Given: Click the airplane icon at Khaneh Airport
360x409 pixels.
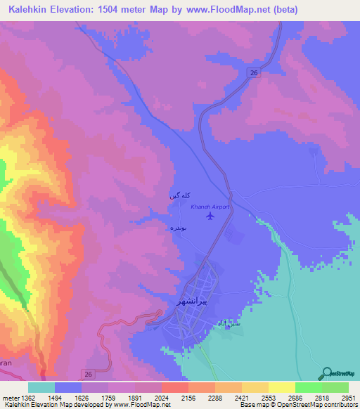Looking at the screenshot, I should [210, 215].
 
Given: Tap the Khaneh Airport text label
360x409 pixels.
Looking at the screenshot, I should [210, 207].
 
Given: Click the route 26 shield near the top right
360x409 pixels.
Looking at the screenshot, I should [254, 73].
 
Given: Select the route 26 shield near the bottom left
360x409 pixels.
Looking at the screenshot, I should [87, 372].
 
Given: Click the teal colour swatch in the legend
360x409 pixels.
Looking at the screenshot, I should [41, 387].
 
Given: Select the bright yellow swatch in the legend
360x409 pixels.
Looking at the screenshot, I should [282, 387].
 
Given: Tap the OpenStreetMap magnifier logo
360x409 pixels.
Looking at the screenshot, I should [326, 374].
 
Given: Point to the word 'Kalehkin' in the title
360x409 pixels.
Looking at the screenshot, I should [30, 9].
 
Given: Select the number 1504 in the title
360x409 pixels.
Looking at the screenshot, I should [117, 9].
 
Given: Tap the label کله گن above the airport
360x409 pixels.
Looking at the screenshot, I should [179, 196].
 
